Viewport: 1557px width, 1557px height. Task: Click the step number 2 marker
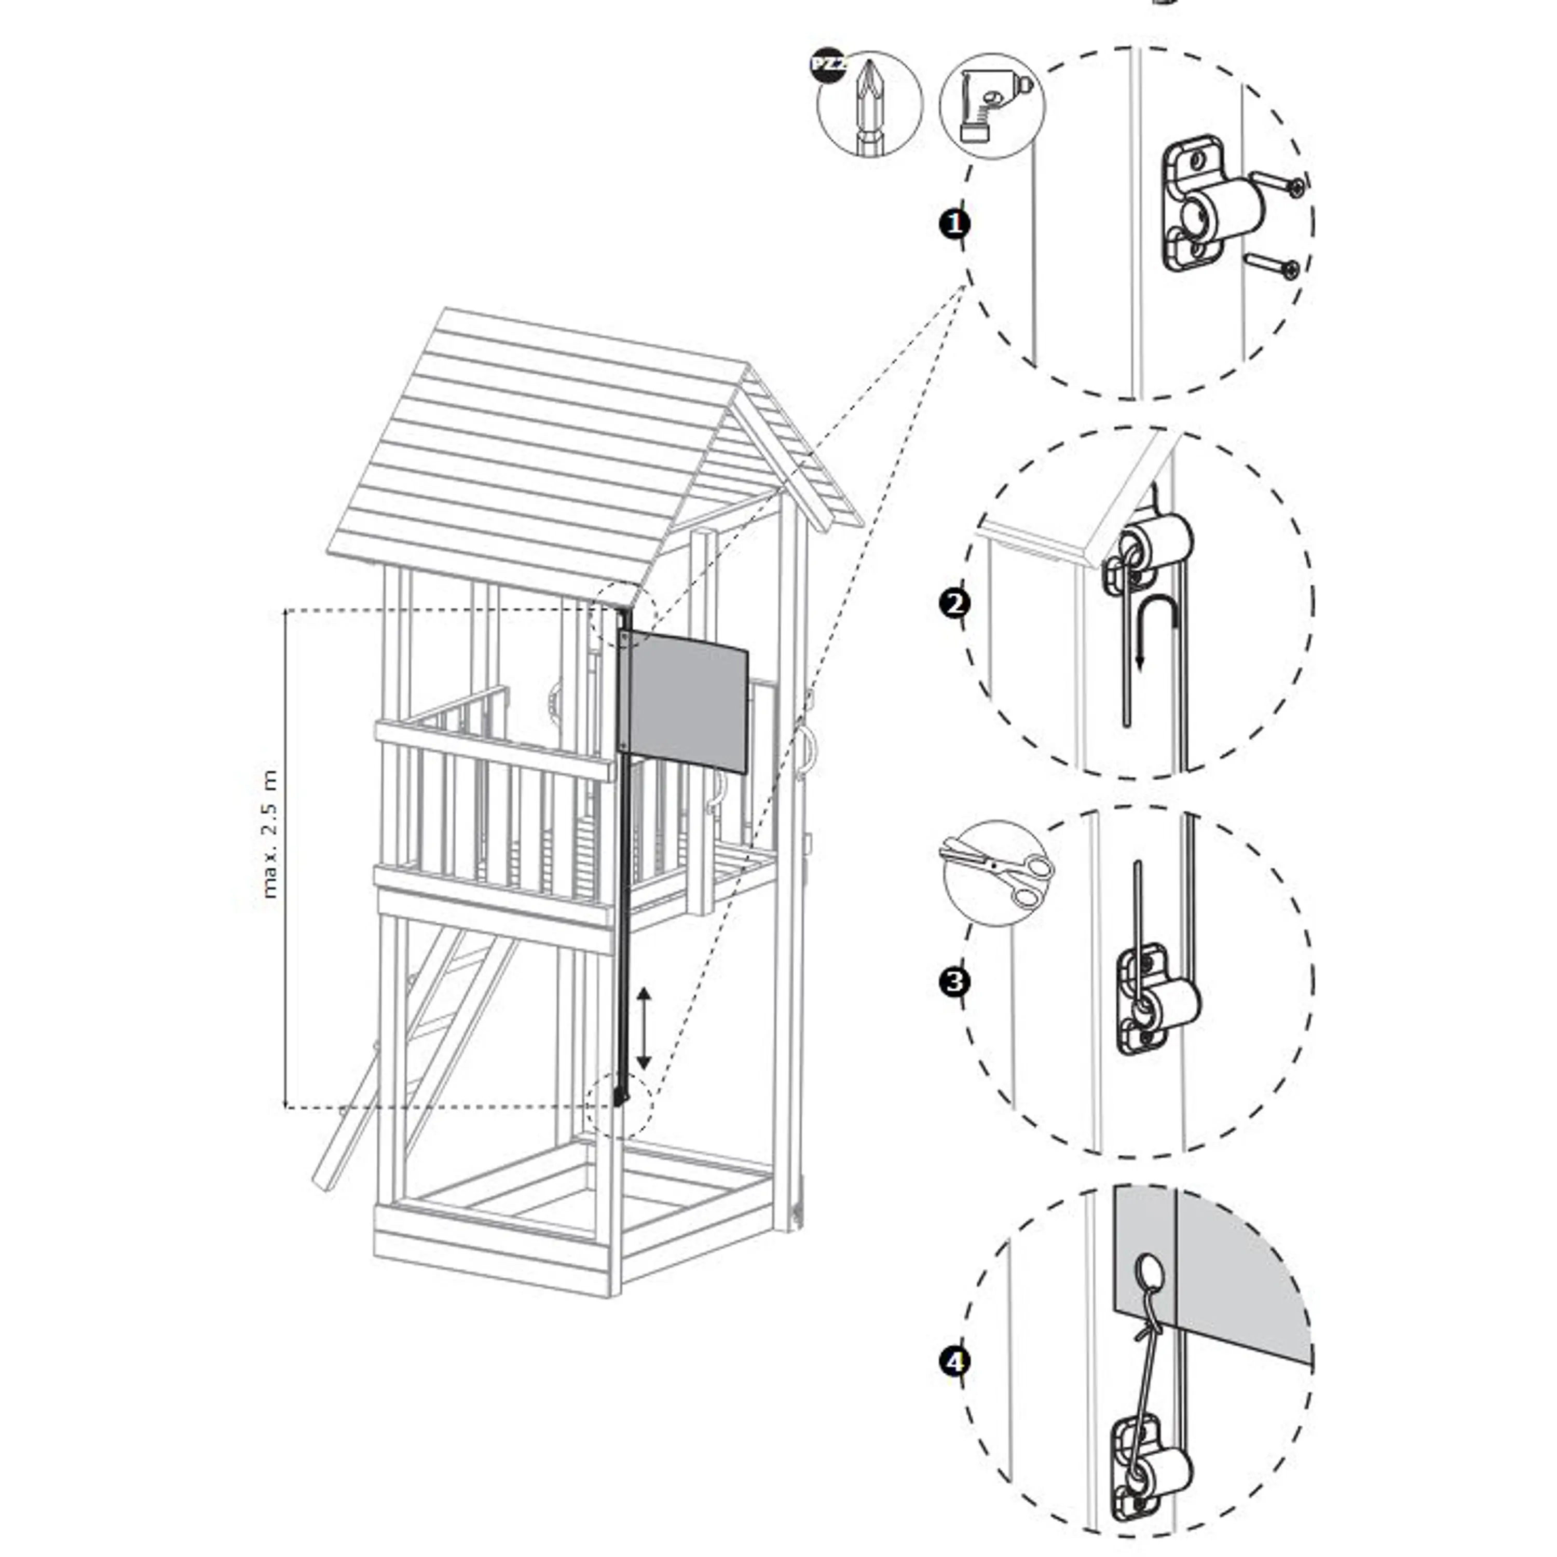coord(955,604)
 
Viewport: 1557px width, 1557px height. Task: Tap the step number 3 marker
coord(955,982)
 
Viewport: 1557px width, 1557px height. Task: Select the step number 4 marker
coord(955,1362)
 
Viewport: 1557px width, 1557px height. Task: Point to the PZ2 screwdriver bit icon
coord(869,105)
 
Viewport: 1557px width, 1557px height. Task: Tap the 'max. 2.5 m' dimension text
coord(270,834)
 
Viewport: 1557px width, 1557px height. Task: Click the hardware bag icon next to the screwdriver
coord(992,105)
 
